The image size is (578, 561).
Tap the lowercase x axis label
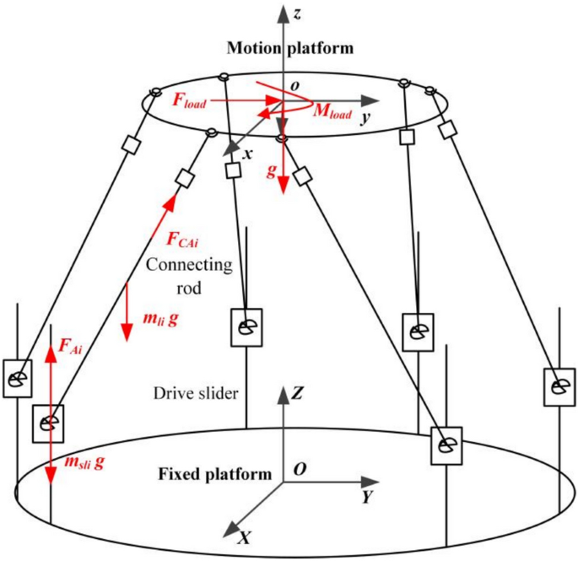click(248, 154)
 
